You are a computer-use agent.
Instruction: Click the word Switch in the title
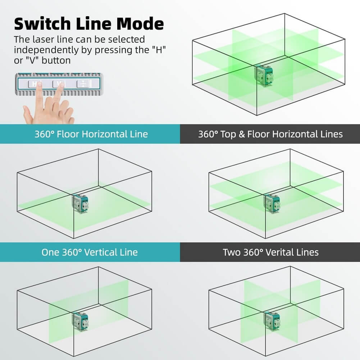(37, 23)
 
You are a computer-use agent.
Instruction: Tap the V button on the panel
(59, 84)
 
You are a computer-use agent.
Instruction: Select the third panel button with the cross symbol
(83, 84)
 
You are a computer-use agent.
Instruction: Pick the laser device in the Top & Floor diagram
(272, 204)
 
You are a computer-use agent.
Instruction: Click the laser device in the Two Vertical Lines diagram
(272, 321)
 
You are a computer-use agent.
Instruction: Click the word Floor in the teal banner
(68, 134)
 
